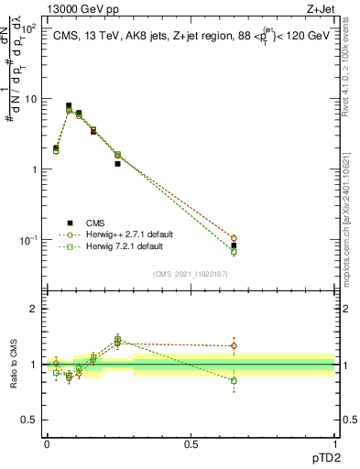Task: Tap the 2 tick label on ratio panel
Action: pos(32,309)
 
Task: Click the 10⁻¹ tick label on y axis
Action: pos(27,241)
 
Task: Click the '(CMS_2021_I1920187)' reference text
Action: pos(191,273)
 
